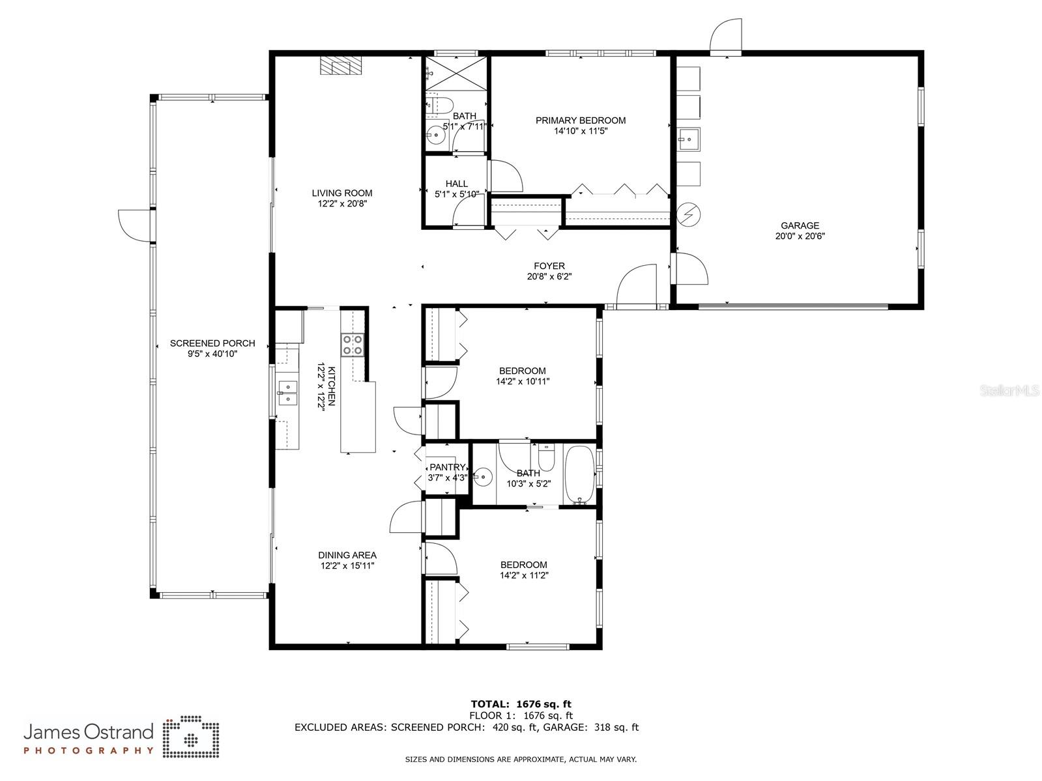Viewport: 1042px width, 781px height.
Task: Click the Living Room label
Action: coord(342,193)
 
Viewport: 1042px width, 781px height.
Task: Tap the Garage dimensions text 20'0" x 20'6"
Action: coord(800,236)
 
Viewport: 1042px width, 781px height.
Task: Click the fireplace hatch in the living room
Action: coord(340,66)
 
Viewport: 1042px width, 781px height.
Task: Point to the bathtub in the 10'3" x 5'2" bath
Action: coord(579,474)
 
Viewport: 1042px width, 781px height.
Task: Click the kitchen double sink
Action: coord(287,393)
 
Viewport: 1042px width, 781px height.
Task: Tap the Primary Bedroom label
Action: coord(580,121)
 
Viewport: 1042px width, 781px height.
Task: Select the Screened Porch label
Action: coord(212,343)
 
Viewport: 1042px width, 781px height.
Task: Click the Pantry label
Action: coord(447,467)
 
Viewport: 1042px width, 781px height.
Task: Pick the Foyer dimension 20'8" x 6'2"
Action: coord(549,276)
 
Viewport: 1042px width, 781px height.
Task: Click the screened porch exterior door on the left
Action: coord(134,226)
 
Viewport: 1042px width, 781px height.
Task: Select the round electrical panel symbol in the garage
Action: coord(687,214)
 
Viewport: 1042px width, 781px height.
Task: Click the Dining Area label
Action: coord(347,555)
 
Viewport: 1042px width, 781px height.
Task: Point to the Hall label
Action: coord(456,184)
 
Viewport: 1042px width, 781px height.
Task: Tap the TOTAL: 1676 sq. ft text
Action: coord(521,703)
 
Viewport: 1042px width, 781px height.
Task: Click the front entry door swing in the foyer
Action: coord(637,285)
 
